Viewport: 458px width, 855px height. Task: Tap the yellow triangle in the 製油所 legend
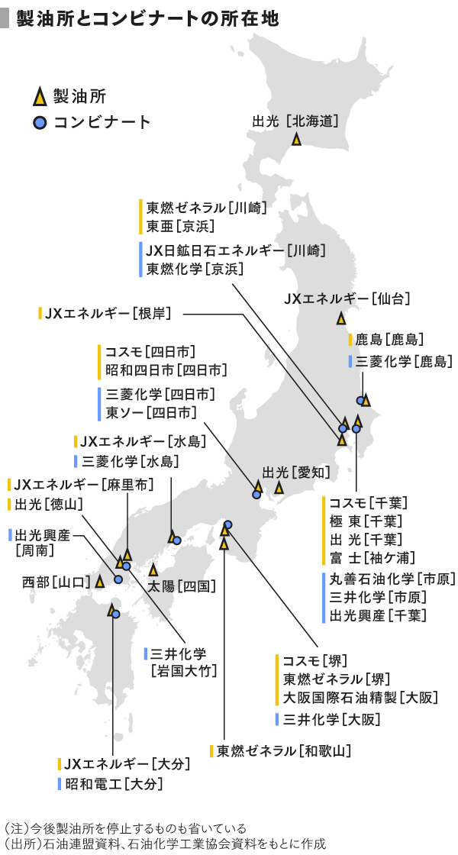(39, 98)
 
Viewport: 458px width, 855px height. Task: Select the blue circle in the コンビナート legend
(39, 123)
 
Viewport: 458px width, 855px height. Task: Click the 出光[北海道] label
(295, 121)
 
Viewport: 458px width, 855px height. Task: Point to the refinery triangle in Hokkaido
(296, 139)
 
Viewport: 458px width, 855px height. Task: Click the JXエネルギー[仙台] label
(347, 298)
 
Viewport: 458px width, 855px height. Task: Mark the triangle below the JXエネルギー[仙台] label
(340, 318)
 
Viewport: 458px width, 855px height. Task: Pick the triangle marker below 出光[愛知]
(279, 488)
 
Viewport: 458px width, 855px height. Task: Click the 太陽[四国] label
(182, 586)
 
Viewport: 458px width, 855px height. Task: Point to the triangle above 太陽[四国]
(153, 569)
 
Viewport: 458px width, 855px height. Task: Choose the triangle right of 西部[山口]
(100, 582)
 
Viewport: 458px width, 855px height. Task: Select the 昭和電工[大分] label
(114, 784)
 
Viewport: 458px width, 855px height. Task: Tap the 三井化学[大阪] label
(331, 719)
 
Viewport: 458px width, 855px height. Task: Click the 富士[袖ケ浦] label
(373, 558)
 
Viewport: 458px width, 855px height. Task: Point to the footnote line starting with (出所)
(164, 844)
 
